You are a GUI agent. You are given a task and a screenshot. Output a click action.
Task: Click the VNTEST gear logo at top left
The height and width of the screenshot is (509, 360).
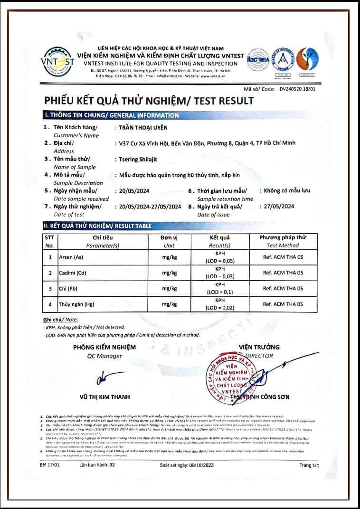58,61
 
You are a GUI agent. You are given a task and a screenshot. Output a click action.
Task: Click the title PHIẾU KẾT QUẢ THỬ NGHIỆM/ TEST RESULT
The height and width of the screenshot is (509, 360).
149,101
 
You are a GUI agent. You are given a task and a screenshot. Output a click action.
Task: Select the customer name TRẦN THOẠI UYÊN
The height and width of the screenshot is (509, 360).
143,127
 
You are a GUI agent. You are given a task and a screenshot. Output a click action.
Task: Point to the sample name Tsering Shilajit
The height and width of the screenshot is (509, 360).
137,159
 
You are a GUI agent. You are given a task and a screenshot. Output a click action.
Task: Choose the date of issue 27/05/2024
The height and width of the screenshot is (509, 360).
277,207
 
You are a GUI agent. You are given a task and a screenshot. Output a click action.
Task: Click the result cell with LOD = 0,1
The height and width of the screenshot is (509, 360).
219,289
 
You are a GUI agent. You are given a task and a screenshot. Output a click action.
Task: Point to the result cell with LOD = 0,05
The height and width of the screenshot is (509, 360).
219,257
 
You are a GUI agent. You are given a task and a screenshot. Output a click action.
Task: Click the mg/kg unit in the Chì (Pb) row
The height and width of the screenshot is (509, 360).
169,289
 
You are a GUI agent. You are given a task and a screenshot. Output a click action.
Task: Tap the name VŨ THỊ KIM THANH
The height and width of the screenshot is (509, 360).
104,397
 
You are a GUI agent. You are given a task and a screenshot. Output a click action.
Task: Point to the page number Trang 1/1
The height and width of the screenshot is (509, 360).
309,466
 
